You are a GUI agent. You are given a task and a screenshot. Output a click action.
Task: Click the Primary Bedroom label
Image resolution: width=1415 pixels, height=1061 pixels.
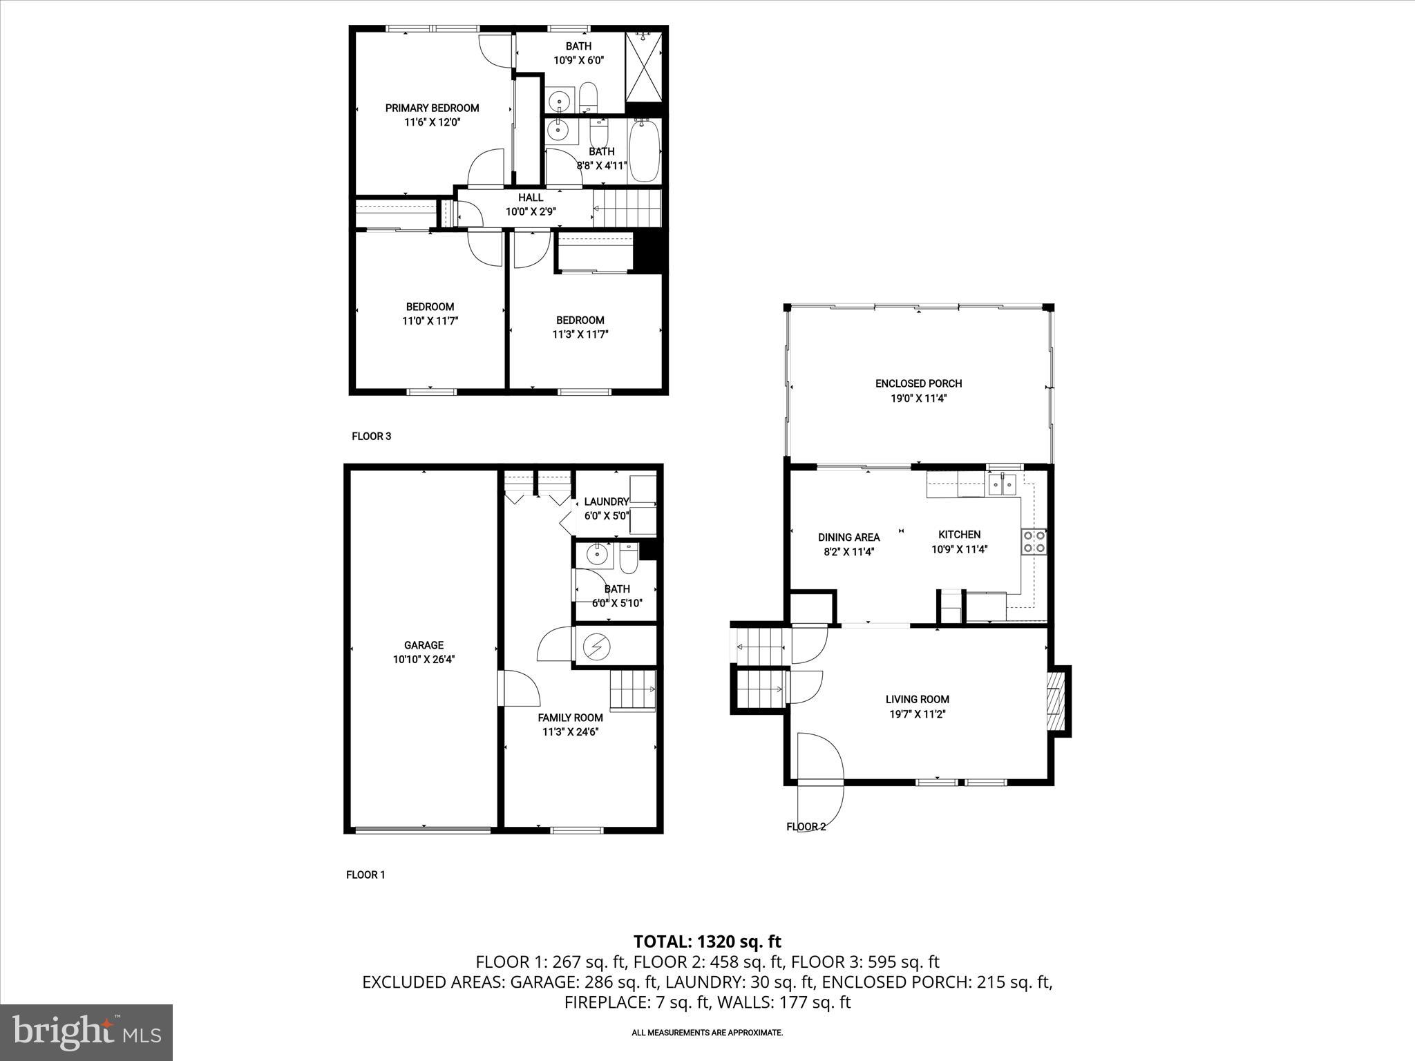point(432,108)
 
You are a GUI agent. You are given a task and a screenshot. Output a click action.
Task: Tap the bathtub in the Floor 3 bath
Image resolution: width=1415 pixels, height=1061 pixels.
point(645,151)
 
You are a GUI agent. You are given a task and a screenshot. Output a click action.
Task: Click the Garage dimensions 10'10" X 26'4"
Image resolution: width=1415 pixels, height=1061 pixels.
point(424,660)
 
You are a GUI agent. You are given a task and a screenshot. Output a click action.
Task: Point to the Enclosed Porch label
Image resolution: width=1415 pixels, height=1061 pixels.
point(918,383)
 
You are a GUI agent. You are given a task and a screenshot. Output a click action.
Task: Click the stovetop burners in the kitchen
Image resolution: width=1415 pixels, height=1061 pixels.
point(1034,541)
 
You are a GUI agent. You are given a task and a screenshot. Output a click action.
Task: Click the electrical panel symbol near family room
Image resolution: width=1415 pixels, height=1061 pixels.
point(596,647)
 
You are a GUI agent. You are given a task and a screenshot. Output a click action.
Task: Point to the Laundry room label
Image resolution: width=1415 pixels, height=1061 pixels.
point(606,501)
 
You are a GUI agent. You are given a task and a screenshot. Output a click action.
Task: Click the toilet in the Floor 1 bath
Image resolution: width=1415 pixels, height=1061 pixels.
point(629,558)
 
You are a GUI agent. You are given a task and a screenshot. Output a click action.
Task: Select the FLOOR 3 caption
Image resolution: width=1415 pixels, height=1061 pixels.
point(371,437)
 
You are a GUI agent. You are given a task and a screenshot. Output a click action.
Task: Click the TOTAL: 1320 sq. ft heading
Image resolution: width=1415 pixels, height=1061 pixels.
point(707,941)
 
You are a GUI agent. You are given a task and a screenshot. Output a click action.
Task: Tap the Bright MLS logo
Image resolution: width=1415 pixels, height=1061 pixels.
point(86,1033)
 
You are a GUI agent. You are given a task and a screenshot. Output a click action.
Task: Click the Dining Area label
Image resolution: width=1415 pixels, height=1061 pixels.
point(848,537)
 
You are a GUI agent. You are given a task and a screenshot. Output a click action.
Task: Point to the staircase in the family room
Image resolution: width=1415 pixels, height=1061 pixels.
point(631,689)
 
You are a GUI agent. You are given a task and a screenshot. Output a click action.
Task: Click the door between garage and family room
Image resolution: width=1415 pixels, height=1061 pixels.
point(518,689)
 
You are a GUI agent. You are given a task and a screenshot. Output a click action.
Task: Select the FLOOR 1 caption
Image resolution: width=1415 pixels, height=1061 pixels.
point(365,874)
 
